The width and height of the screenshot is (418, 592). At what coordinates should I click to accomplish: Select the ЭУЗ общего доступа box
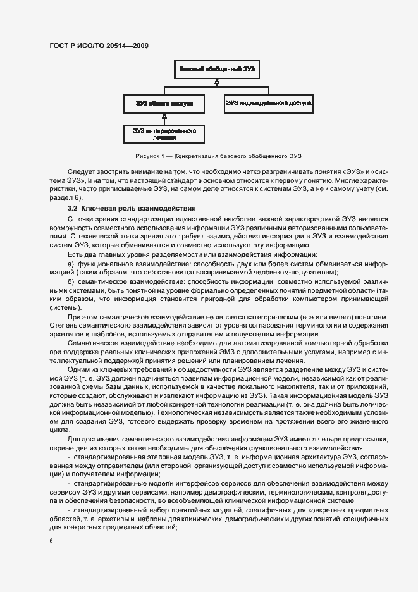[164, 102]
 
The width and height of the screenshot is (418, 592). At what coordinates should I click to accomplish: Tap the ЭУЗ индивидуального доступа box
[269, 102]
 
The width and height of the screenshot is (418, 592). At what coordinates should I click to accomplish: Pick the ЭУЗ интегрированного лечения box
[164, 133]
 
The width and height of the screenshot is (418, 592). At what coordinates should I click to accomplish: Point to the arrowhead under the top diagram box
[216, 82]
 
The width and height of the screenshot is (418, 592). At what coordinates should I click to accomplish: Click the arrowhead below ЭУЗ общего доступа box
[164, 116]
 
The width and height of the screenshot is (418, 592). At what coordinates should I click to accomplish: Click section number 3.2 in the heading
[72, 208]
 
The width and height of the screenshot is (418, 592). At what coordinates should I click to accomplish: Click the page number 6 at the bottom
[51, 541]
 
